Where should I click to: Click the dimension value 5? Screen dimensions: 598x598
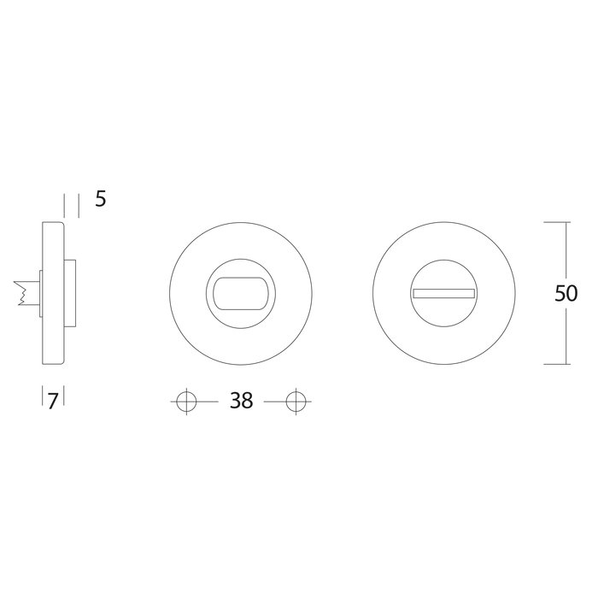(x=100, y=200)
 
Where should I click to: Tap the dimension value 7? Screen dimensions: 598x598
(x=52, y=401)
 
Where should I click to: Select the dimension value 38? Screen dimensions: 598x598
(x=241, y=401)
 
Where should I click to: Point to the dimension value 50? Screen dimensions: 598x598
(x=566, y=293)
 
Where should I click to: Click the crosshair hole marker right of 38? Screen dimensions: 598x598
(x=296, y=401)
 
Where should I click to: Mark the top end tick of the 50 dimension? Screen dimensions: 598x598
(x=556, y=222)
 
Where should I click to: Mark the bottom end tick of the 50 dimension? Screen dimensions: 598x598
(x=556, y=365)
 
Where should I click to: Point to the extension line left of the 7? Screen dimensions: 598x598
(x=42, y=397)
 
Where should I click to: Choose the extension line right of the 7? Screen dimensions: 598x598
(x=65, y=397)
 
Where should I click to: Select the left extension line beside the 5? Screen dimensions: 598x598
(x=65, y=205)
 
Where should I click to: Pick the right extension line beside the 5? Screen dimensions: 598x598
(x=79, y=205)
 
